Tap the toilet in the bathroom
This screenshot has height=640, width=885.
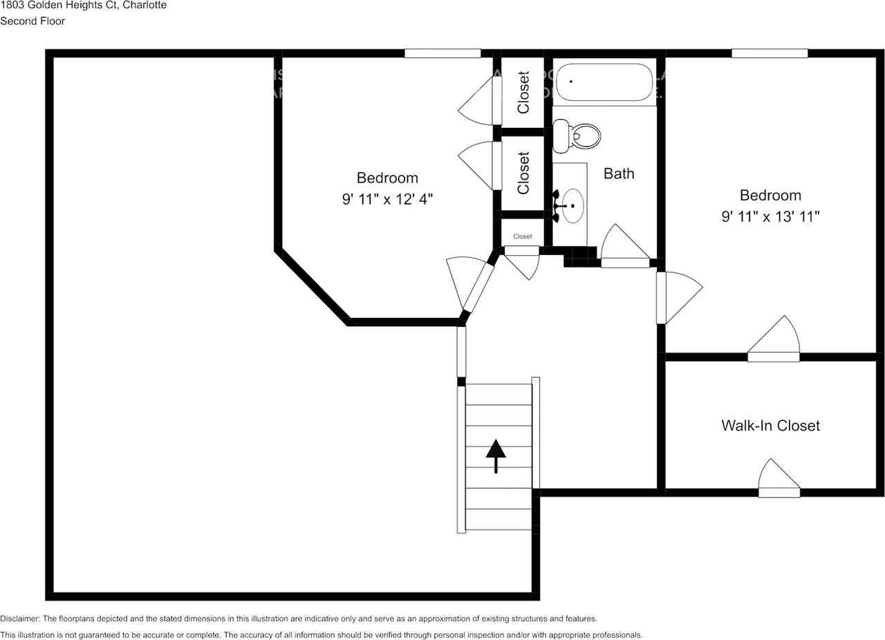[578, 135]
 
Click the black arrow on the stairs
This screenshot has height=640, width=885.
[496, 457]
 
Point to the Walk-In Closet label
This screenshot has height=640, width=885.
[770, 425]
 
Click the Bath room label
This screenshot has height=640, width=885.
[619, 173]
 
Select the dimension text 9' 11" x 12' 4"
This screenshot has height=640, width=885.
[387, 199]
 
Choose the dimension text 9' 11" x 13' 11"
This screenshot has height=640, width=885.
[770, 216]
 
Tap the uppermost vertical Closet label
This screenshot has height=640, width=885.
[523, 92]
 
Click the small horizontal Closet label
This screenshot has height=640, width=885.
[523, 236]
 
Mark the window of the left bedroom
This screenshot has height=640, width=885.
[442, 53]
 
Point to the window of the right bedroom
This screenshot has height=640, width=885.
[770, 53]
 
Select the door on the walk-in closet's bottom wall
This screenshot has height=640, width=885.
[779, 480]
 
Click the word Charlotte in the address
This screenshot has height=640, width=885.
[144, 6]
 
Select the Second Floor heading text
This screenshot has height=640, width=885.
[32, 21]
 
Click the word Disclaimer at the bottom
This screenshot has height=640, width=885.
[20, 619]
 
